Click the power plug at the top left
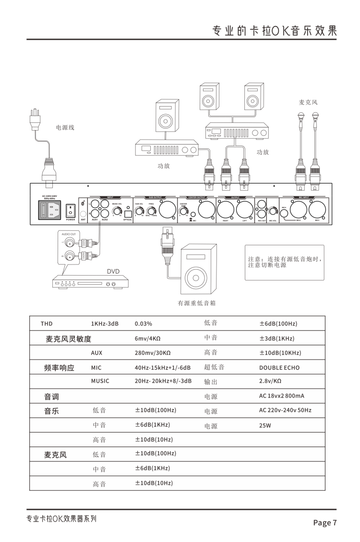35,118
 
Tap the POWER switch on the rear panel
70,210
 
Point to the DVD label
113,271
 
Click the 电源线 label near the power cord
65,128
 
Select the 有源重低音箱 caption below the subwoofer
196,303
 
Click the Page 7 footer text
325,523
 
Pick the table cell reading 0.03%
143,324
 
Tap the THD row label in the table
47,324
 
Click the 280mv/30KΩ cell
153,353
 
